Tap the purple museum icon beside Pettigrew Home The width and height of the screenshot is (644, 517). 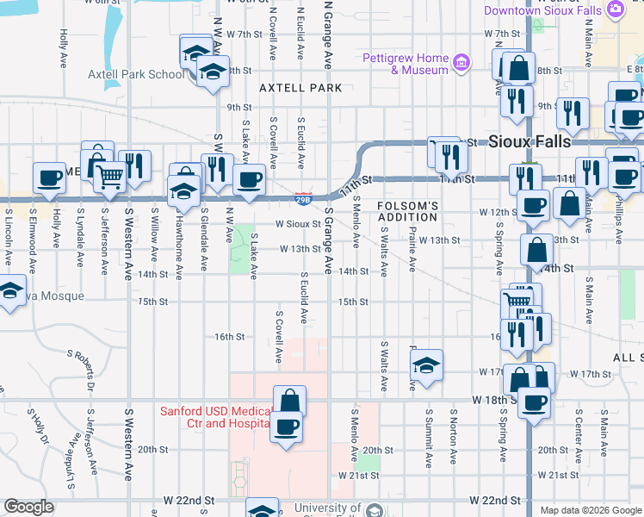(x=462, y=62)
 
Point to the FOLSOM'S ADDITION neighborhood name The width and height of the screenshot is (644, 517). (x=408, y=212)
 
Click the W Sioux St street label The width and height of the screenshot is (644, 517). (x=298, y=224)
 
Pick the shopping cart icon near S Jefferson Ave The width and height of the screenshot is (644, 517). (x=110, y=177)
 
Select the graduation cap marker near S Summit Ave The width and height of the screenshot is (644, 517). (x=426, y=365)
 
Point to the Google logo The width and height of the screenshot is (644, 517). (x=28, y=507)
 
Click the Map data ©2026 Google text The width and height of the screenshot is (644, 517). (x=590, y=510)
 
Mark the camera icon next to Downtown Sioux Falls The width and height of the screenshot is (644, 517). (x=615, y=9)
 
